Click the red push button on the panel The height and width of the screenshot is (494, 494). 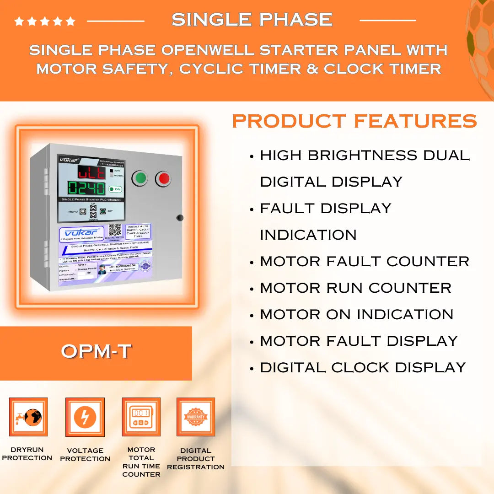163,178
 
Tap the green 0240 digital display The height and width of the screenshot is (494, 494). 86,188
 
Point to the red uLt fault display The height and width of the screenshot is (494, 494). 91,172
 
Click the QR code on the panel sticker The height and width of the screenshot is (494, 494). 114,230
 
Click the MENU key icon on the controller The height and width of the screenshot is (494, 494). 83,212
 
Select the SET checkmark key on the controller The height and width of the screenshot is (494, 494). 103,211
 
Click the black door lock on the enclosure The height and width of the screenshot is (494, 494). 180,218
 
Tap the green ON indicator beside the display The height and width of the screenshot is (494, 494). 115,189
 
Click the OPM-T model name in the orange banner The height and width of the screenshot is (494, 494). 96,352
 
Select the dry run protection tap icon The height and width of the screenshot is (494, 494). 28,417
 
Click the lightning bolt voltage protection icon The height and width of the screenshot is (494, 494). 85,417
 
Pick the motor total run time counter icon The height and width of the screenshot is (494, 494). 141,417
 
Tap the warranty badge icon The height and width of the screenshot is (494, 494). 196,417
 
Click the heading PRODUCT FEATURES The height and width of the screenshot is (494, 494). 354,122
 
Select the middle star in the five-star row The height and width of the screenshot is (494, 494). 45,21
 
